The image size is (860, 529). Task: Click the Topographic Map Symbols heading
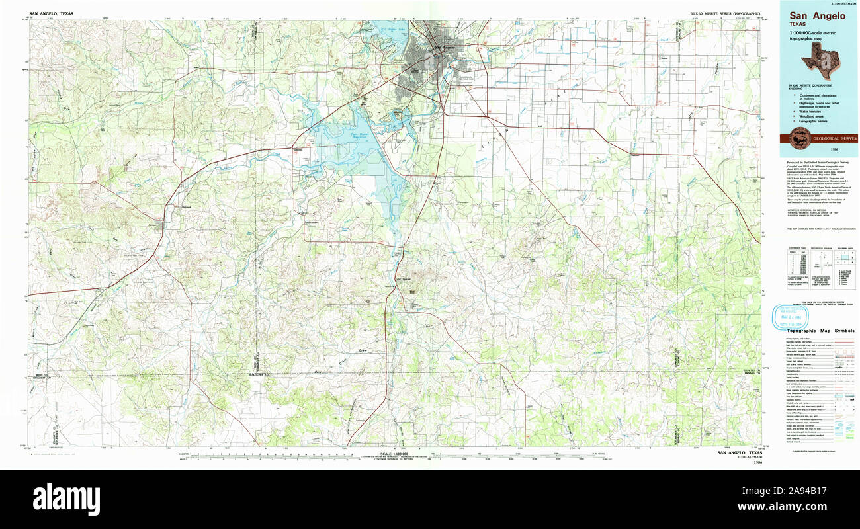coord(819,330)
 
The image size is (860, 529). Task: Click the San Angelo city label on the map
coord(444,47)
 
